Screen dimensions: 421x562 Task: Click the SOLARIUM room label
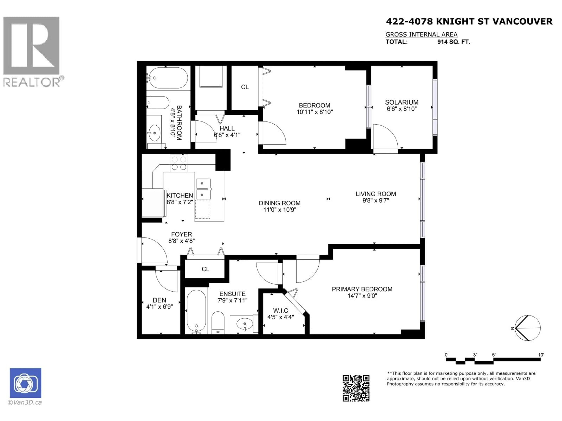[401, 102]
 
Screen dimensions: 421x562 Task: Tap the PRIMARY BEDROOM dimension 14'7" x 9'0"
[362, 296]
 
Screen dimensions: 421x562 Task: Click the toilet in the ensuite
[218, 322]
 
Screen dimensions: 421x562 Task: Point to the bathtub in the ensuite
[196, 311]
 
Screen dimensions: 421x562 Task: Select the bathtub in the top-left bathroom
[168, 78]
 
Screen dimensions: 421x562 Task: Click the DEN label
[159, 300]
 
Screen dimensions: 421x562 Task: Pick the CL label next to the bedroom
[245, 87]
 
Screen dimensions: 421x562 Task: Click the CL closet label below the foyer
[205, 269]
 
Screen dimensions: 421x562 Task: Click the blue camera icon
[25, 383]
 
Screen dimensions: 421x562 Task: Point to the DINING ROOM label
[280, 203]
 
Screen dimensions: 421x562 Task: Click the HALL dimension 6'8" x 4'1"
[227, 135]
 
